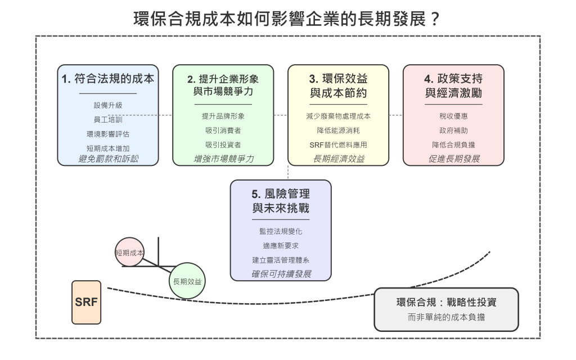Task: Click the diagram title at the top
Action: [287, 18]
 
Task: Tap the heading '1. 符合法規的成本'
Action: [108, 79]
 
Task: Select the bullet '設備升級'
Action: [108, 105]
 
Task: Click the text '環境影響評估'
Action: [108, 134]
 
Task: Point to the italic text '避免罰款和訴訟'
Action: [108, 159]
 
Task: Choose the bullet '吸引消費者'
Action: [223, 130]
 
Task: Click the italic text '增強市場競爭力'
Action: [223, 159]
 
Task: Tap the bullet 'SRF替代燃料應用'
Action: [339, 145]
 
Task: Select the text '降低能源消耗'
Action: [339, 130]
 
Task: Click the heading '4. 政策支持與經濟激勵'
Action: [453, 85]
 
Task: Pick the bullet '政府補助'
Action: [453, 130]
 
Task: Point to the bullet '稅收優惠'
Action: [453, 116]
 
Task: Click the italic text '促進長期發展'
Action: [453, 159]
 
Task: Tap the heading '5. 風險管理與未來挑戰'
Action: [281, 201]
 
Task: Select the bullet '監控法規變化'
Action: [281, 231]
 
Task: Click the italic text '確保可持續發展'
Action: [281, 274]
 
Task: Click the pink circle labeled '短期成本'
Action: [129, 253]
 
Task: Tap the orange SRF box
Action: [87, 302]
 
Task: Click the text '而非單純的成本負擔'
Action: [446, 317]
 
